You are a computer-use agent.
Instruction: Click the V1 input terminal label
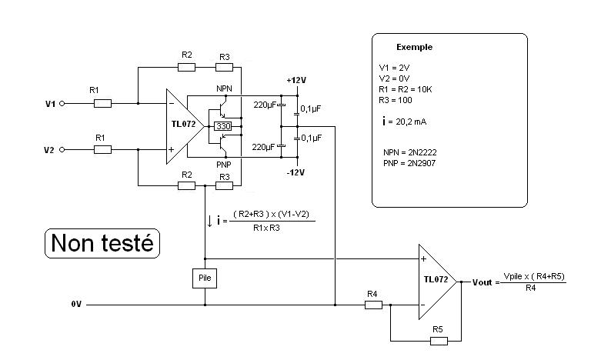50,102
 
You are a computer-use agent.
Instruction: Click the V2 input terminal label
50,150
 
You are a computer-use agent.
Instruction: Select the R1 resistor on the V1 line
102,102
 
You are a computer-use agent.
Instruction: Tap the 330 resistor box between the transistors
223,125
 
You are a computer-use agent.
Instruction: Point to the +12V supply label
296,80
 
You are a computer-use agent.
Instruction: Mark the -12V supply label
296,172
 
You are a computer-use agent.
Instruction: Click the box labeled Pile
205,278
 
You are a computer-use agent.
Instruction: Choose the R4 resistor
372,305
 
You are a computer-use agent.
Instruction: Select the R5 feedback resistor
437,339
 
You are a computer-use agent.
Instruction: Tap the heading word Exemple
414,47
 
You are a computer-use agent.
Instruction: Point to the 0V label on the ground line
75,305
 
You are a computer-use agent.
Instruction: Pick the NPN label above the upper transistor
223,88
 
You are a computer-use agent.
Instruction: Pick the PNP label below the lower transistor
223,164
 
